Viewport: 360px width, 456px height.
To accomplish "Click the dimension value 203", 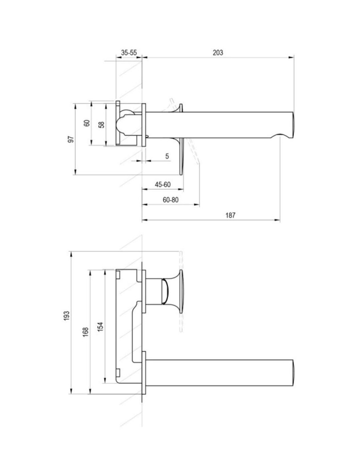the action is click(x=218, y=53).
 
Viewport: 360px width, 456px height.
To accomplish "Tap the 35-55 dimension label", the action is click(x=129, y=53).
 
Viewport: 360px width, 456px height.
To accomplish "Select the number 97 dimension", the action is click(x=71, y=139).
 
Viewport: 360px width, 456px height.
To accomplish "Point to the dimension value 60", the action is click(x=87, y=123).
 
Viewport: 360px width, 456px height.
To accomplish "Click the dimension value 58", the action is click(x=101, y=125).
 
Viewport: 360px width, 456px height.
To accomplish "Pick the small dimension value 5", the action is click(x=167, y=156).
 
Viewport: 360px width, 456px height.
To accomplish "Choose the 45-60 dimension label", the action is click(x=163, y=185).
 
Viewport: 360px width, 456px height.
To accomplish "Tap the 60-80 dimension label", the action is click(x=171, y=200).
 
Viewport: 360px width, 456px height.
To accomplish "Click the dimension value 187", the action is click(x=230, y=216).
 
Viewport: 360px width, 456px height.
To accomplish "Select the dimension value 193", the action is click(x=67, y=316).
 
